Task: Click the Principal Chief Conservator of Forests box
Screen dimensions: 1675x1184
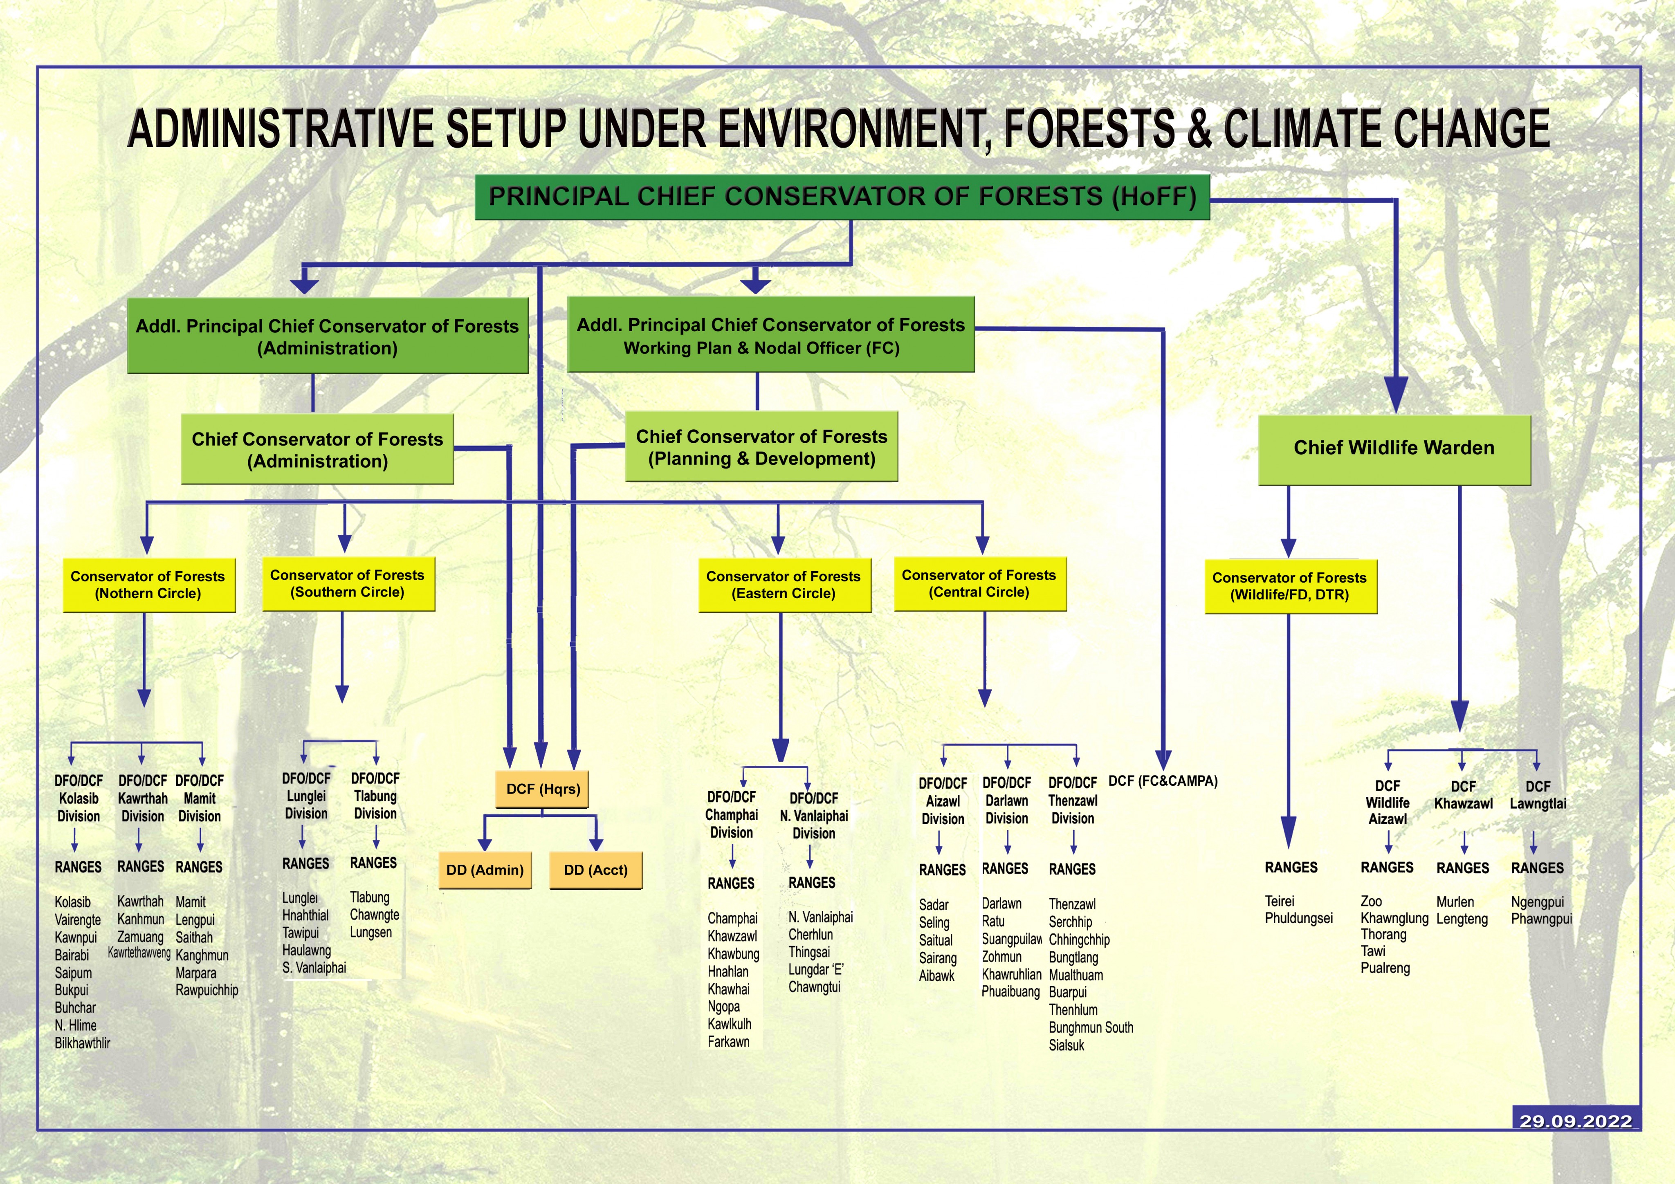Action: tap(842, 197)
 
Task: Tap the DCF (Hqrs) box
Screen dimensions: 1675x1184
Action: tap(543, 789)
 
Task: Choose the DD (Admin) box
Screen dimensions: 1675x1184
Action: tap(485, 870)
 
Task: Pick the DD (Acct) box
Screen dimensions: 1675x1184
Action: tap(595, 870)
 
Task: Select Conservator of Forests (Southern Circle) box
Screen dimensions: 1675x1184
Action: tap(348, 583)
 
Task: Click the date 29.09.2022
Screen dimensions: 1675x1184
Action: tap(1576, 1121)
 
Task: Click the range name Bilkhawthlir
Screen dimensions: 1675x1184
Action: tap(83, 1043)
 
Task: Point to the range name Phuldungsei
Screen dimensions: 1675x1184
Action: tap(1298, 918)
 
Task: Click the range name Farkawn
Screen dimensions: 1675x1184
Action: tap(728, 1042)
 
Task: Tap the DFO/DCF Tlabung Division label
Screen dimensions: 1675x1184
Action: tap(375, 796)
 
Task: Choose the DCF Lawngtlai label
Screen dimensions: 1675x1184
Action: tap(1538, 795)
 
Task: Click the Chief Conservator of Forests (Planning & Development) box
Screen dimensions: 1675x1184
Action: tap(761, 447)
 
